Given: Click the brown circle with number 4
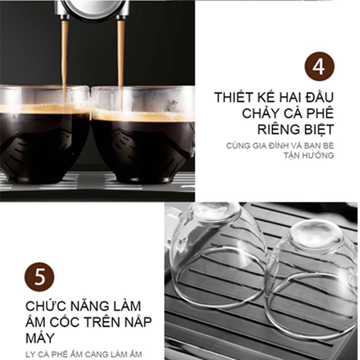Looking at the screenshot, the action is [x=319, y=67].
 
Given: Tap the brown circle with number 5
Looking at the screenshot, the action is [x=40, y=277].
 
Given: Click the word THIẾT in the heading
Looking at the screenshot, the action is [x=233, y=97].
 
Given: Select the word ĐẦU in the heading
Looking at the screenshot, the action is [x=320, y=97].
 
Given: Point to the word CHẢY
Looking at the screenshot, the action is [x=261, y=113].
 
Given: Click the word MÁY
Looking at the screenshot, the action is [x=40, y=338].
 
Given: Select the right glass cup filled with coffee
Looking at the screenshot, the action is [x=143, y=135].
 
